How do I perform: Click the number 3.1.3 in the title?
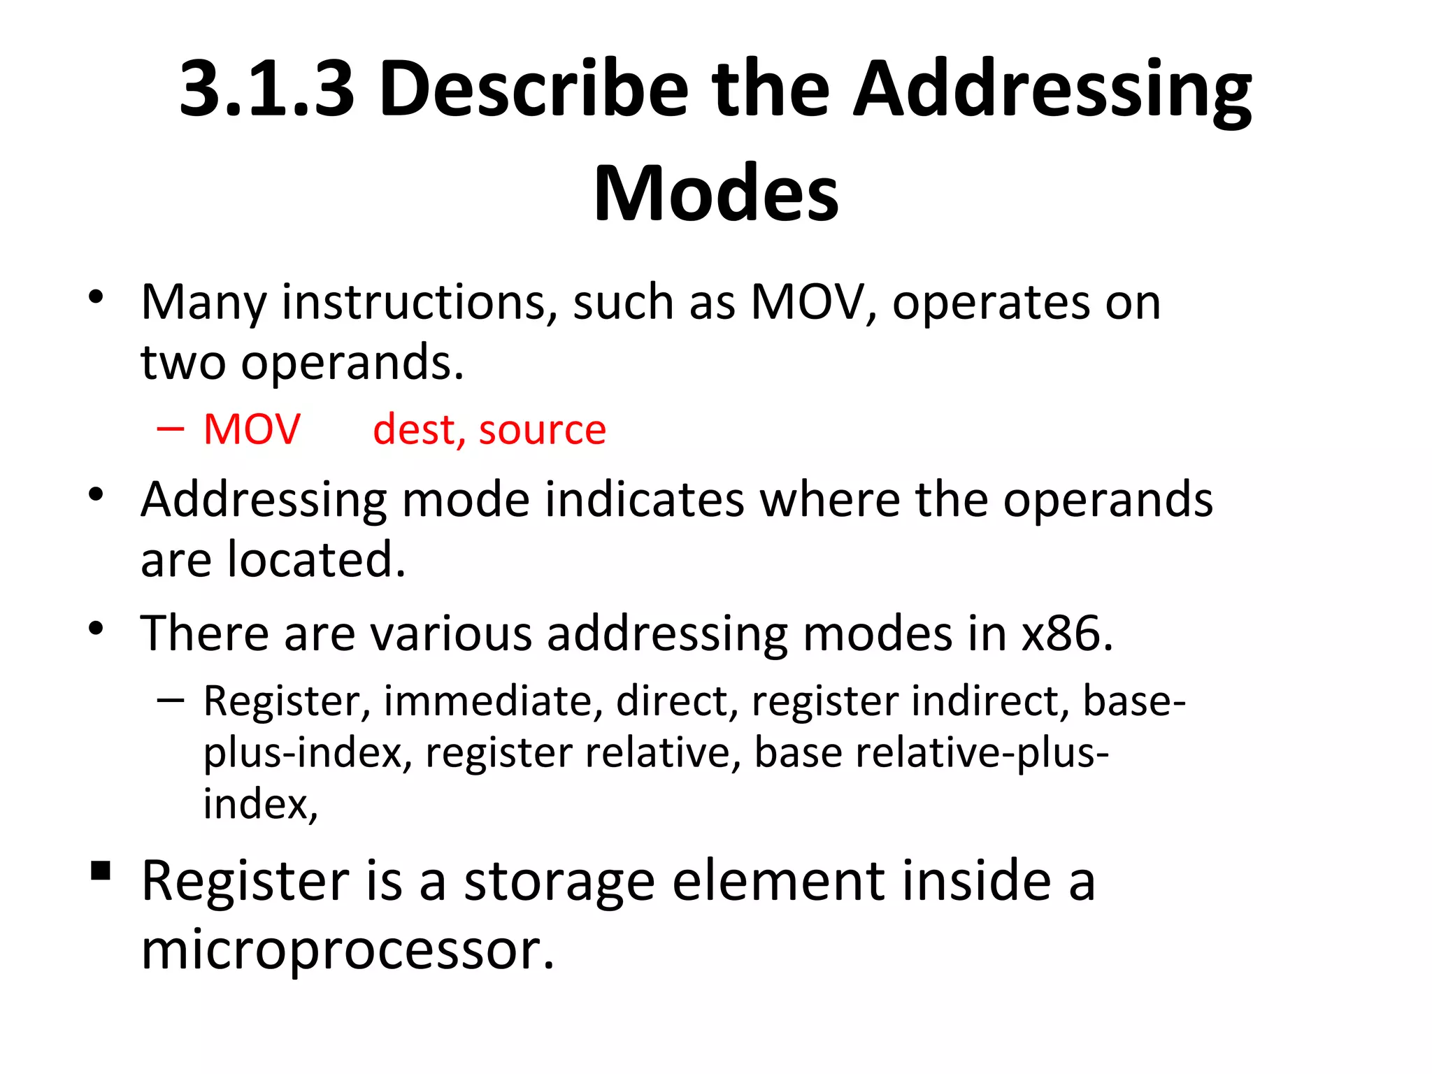(x=266, y=89)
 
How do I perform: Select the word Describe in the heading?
(x=534, y=89)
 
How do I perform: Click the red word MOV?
(x=252, y=429)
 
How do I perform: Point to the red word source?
(x=543, y=429)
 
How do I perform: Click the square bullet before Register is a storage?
(x=101, y=871)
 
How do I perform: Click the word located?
(x=316, y=559)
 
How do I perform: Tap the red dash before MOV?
(x=171, y=429)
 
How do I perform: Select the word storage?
(x=559, y=881)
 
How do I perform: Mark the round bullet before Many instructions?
(x=96, y=297)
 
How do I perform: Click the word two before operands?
(x=183, y=362)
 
